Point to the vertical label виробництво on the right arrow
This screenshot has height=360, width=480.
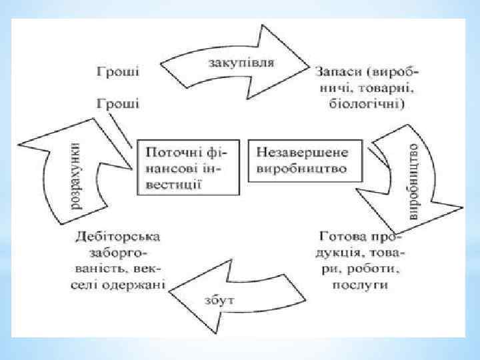(413, 179)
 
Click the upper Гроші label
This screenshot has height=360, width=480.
(118, 69)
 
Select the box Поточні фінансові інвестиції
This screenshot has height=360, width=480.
(188, 167)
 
